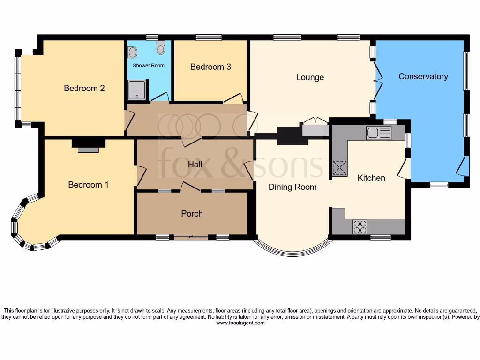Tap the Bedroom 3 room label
[x=210, y=67]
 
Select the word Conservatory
[x=423, y=76]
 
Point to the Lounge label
[x=310, y=77]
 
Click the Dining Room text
[x=292, y=187]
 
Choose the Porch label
[x=192, y=214]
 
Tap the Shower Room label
[x=149, y=65]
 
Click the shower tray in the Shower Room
[x=137, y=90]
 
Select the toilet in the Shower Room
[x=161, y=48]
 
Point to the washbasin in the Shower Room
[x=133, y=52]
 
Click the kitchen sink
[x=379, y=133]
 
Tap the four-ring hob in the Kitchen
[x=360, y=227]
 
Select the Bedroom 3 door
[x=233, y=99]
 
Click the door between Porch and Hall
[x=190, y=187]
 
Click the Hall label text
[x=195, y=165]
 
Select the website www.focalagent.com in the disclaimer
[x=240, y=323]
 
